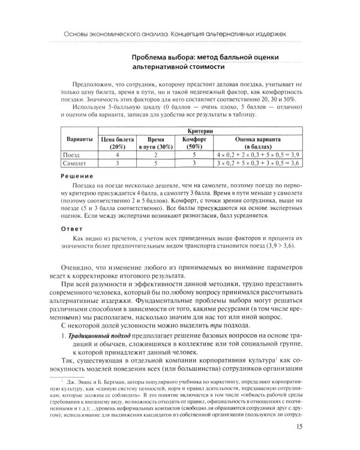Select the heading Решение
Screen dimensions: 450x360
[x=77, y=176]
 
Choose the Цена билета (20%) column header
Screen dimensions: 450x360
[x=118, y=143]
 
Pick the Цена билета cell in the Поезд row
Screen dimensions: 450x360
[x=118, y=155]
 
